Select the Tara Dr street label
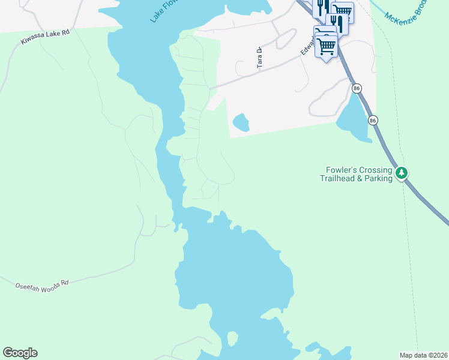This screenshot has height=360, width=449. (x=260, y=58)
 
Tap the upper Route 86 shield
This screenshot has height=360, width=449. (x=357, y=88)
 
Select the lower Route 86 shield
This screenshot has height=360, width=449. (x=373, y=120)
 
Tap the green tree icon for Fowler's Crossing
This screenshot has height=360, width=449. (x=402, y=174)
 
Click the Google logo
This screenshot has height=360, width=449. (x=20, y=353)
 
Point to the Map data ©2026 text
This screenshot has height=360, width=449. (x=423, y=355)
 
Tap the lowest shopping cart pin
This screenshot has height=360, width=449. (x=327, y=46)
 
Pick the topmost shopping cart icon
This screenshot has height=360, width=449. (x=342, y=10)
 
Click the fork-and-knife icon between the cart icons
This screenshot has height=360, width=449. (x=337, y=23)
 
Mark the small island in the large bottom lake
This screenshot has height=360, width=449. (x=232, y=340)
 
